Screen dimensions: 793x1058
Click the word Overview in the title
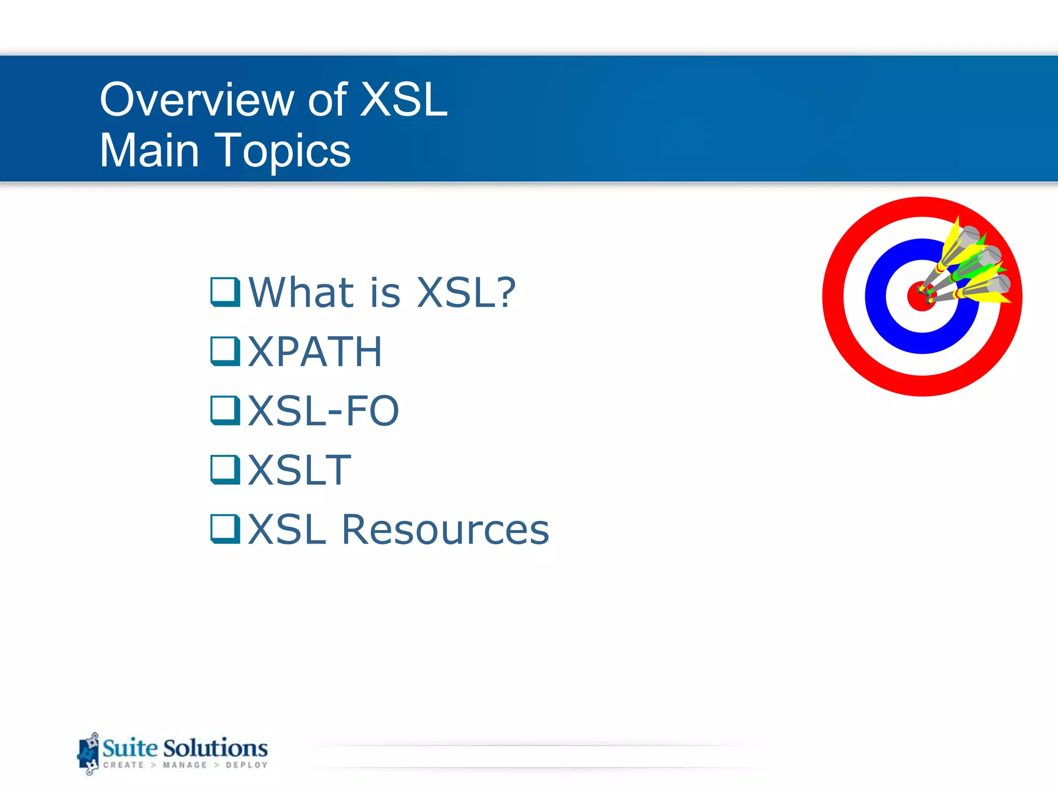coord(197,100)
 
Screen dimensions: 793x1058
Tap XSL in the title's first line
coord(403,100)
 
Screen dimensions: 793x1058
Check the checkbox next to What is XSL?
coord(225,292)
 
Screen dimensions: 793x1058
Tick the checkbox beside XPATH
coord(225,351)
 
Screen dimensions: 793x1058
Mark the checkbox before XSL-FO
coord(225,410)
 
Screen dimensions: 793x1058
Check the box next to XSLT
coord(225,470)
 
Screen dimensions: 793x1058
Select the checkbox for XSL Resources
coord(225,529)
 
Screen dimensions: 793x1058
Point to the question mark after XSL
coord(503,292)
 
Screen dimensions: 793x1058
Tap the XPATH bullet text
coord(315,352)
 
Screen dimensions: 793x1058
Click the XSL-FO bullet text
coord(323,411)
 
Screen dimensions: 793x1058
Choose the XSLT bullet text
coord(300,470)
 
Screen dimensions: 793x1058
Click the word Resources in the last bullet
coord(445,530)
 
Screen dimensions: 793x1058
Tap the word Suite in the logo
coord(130,748)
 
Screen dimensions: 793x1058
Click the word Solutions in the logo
coord(215,748)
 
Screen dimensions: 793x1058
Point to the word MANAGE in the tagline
coord(184,765)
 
